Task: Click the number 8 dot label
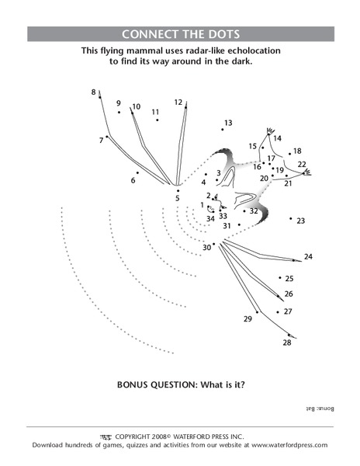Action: click(94, 92)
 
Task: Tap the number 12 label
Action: click(178, 102)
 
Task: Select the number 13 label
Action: click(228, 123)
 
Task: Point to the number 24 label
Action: click(308, 256)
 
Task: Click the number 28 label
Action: click(286, 343)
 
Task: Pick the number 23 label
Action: click(301, 221)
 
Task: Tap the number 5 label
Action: click(178, 198)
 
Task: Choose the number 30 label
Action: click(206, 247)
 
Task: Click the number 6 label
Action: click(133, 181)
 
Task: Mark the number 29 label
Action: click(248, 319)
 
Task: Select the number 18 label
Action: click(297, 151)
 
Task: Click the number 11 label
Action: click(155, 112)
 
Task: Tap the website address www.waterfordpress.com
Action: click(286, 445)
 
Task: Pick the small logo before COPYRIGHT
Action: click(107, 436)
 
